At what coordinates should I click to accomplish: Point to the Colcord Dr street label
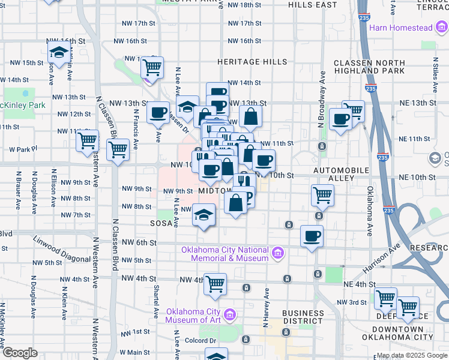(201, 340)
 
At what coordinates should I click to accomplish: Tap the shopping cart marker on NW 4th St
(215, 284)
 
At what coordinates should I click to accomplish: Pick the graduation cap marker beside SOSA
(204, 215)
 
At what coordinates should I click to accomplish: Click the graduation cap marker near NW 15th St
(59, 53)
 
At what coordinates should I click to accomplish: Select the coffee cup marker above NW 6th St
(312, 236)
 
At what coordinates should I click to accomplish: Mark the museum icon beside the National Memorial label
(277, 254)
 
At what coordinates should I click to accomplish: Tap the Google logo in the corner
(20, 353)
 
